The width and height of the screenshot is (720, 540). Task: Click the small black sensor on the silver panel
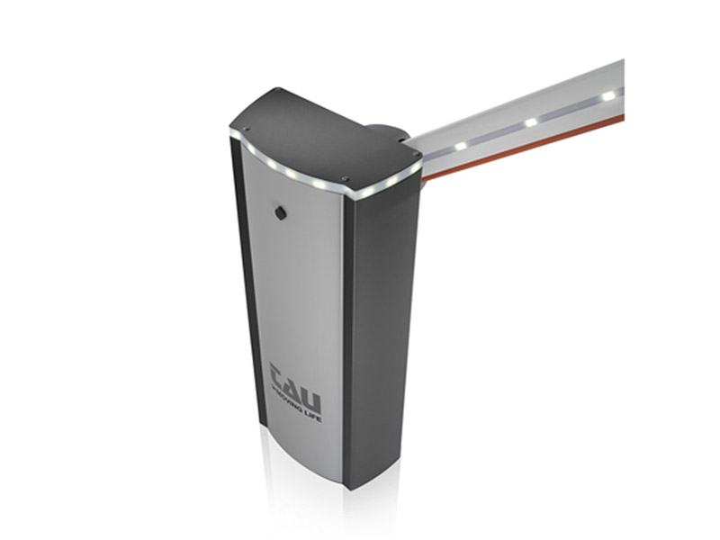[x=280, y=212]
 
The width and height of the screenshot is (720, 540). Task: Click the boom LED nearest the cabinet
[x=461, y=146]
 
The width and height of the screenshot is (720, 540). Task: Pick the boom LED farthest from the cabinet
[x=609, y=94]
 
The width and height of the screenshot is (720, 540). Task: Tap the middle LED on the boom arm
[x=531, y=121]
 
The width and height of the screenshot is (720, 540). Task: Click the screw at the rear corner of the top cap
[x=279, y=91]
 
